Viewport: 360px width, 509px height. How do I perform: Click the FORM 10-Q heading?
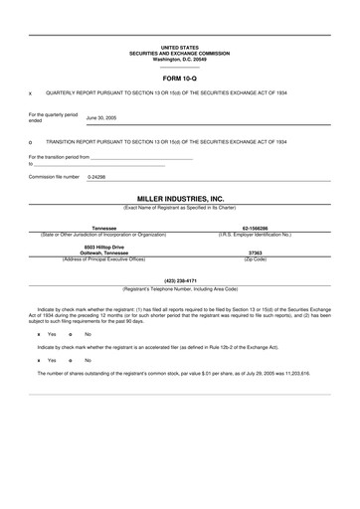(x=180, y=76)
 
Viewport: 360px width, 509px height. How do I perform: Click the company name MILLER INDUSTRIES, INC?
(x=180, y=199)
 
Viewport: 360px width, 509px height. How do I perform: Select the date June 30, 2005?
(x=101, y=117)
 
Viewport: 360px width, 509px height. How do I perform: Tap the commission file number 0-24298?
(x=96, y=176)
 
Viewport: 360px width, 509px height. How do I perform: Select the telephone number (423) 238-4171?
(x=180, y=280)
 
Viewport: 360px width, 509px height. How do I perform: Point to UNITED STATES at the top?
(x=180, y=47)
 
